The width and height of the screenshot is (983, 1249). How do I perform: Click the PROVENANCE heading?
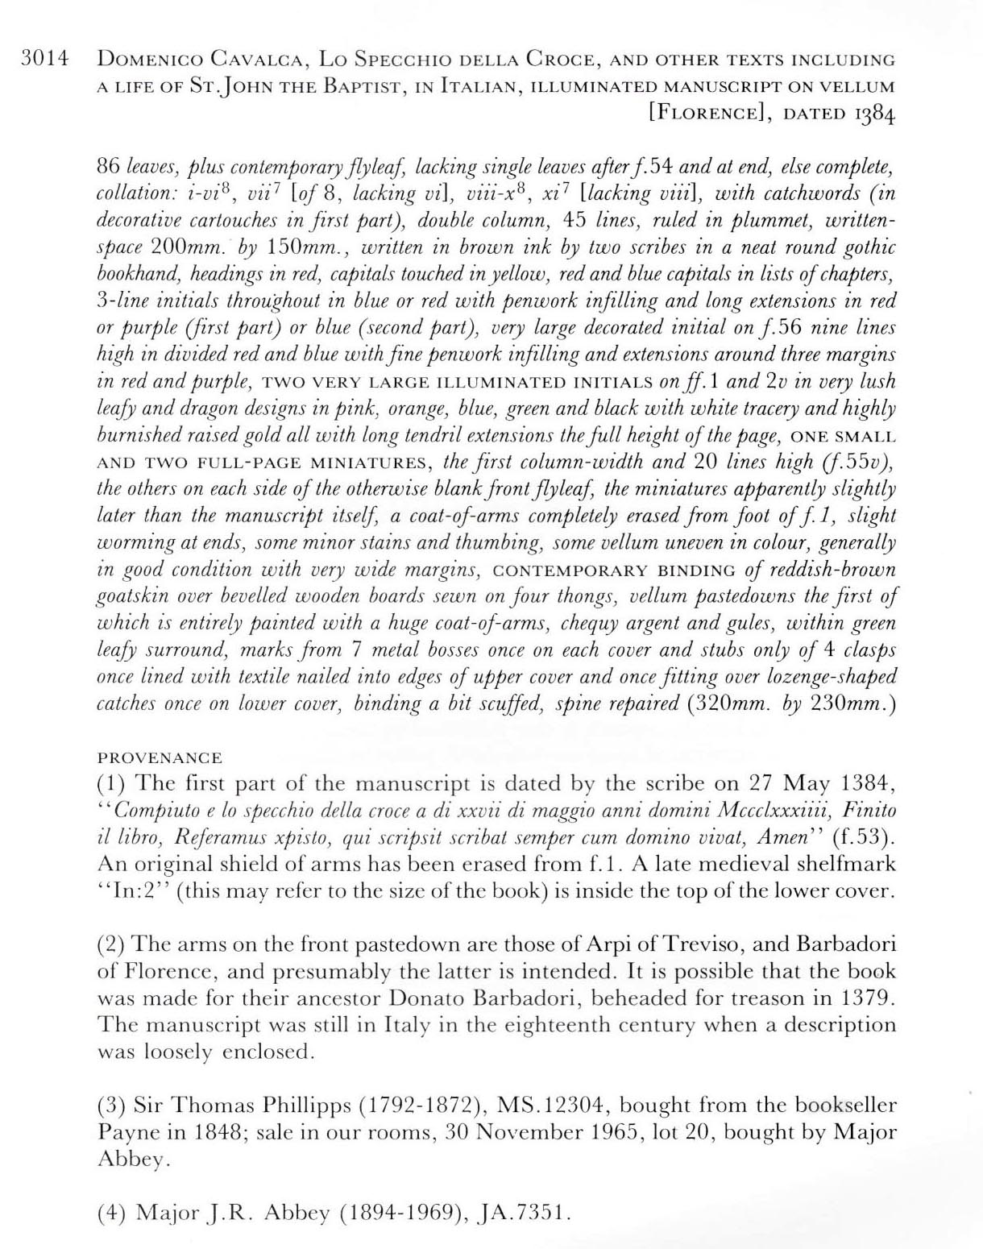[160, 758]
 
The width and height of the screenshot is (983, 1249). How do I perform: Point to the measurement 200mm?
[187, 248]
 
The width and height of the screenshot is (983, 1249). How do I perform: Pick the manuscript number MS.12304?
[548, 1105]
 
